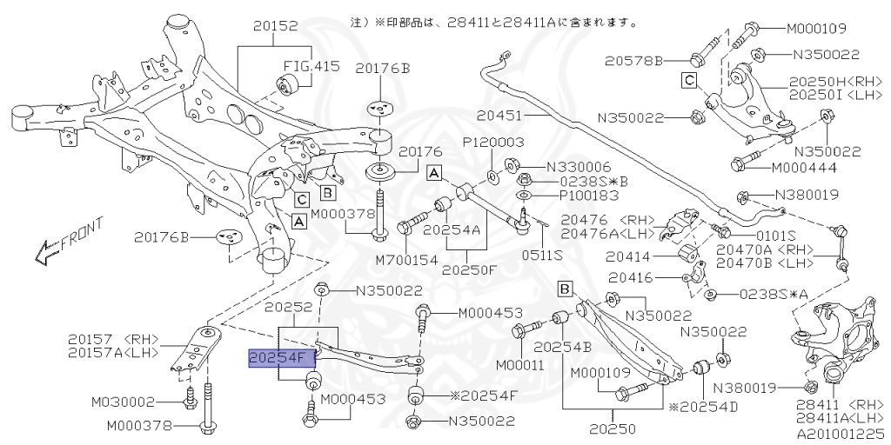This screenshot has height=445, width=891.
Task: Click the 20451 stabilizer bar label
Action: (499, 114)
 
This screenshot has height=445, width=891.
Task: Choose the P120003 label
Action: (492, 142)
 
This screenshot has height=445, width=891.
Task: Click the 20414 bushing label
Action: (638, 256)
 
